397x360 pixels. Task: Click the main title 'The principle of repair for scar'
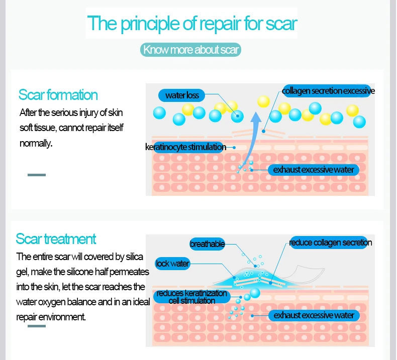[x=192, y=24]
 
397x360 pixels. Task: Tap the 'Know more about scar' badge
[x=191, y=50]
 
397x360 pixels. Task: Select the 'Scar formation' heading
[x=58, y=94]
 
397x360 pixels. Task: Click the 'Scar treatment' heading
[x=56, y=238]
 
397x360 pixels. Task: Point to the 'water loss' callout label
[x=182, y=95]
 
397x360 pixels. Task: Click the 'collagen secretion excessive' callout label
[x=328, y=91]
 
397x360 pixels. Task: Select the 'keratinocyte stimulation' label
[x=185, y=147]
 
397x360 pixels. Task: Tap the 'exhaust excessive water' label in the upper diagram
[x=314, y=170]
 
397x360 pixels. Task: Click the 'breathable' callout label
[x=207, y=244]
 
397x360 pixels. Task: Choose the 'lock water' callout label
[x=172, y=263]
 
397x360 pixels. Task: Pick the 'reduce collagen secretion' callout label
[x=330, y=243]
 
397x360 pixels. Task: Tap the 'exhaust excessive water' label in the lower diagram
[x=314, y=315]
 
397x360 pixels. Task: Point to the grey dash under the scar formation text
[x=36, y=175]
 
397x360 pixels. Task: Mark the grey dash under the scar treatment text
[x=36, y=326]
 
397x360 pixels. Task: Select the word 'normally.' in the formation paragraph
[x=36, y=143]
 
